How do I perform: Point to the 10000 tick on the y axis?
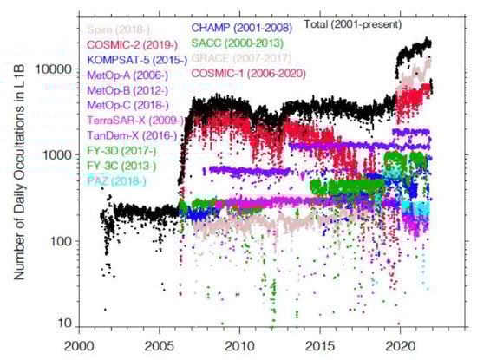(x=56, y=69)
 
